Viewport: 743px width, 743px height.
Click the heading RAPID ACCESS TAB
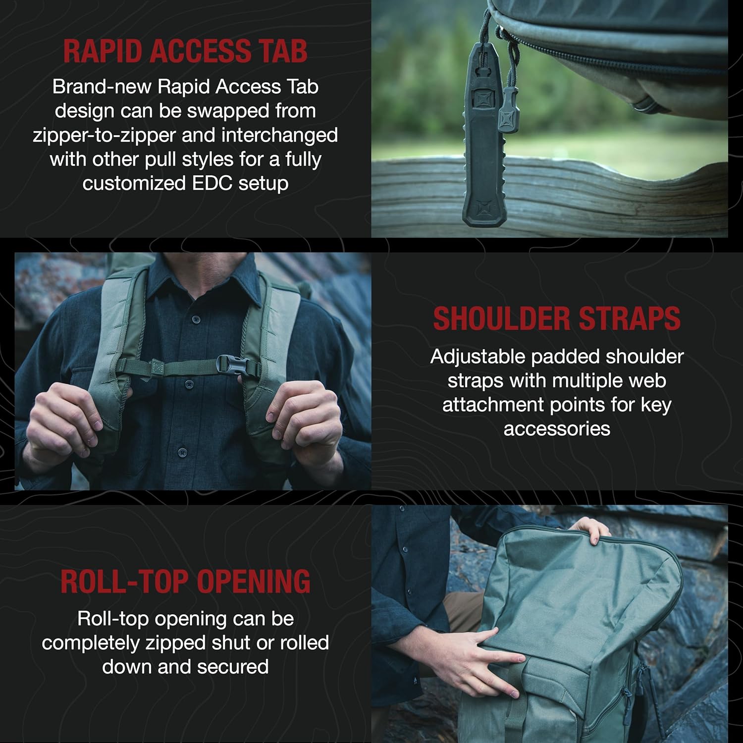coord(185,51)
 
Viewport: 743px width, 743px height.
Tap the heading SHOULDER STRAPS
coord(557,318)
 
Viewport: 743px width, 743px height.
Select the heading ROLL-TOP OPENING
coord(185,582)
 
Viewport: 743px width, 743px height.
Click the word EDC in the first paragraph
coord(212,183)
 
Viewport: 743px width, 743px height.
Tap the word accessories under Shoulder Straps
coord(557,428)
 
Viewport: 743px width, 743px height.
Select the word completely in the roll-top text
coord(91,643)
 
